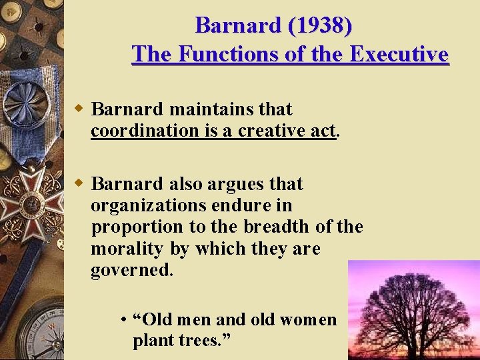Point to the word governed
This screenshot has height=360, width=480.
132,271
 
